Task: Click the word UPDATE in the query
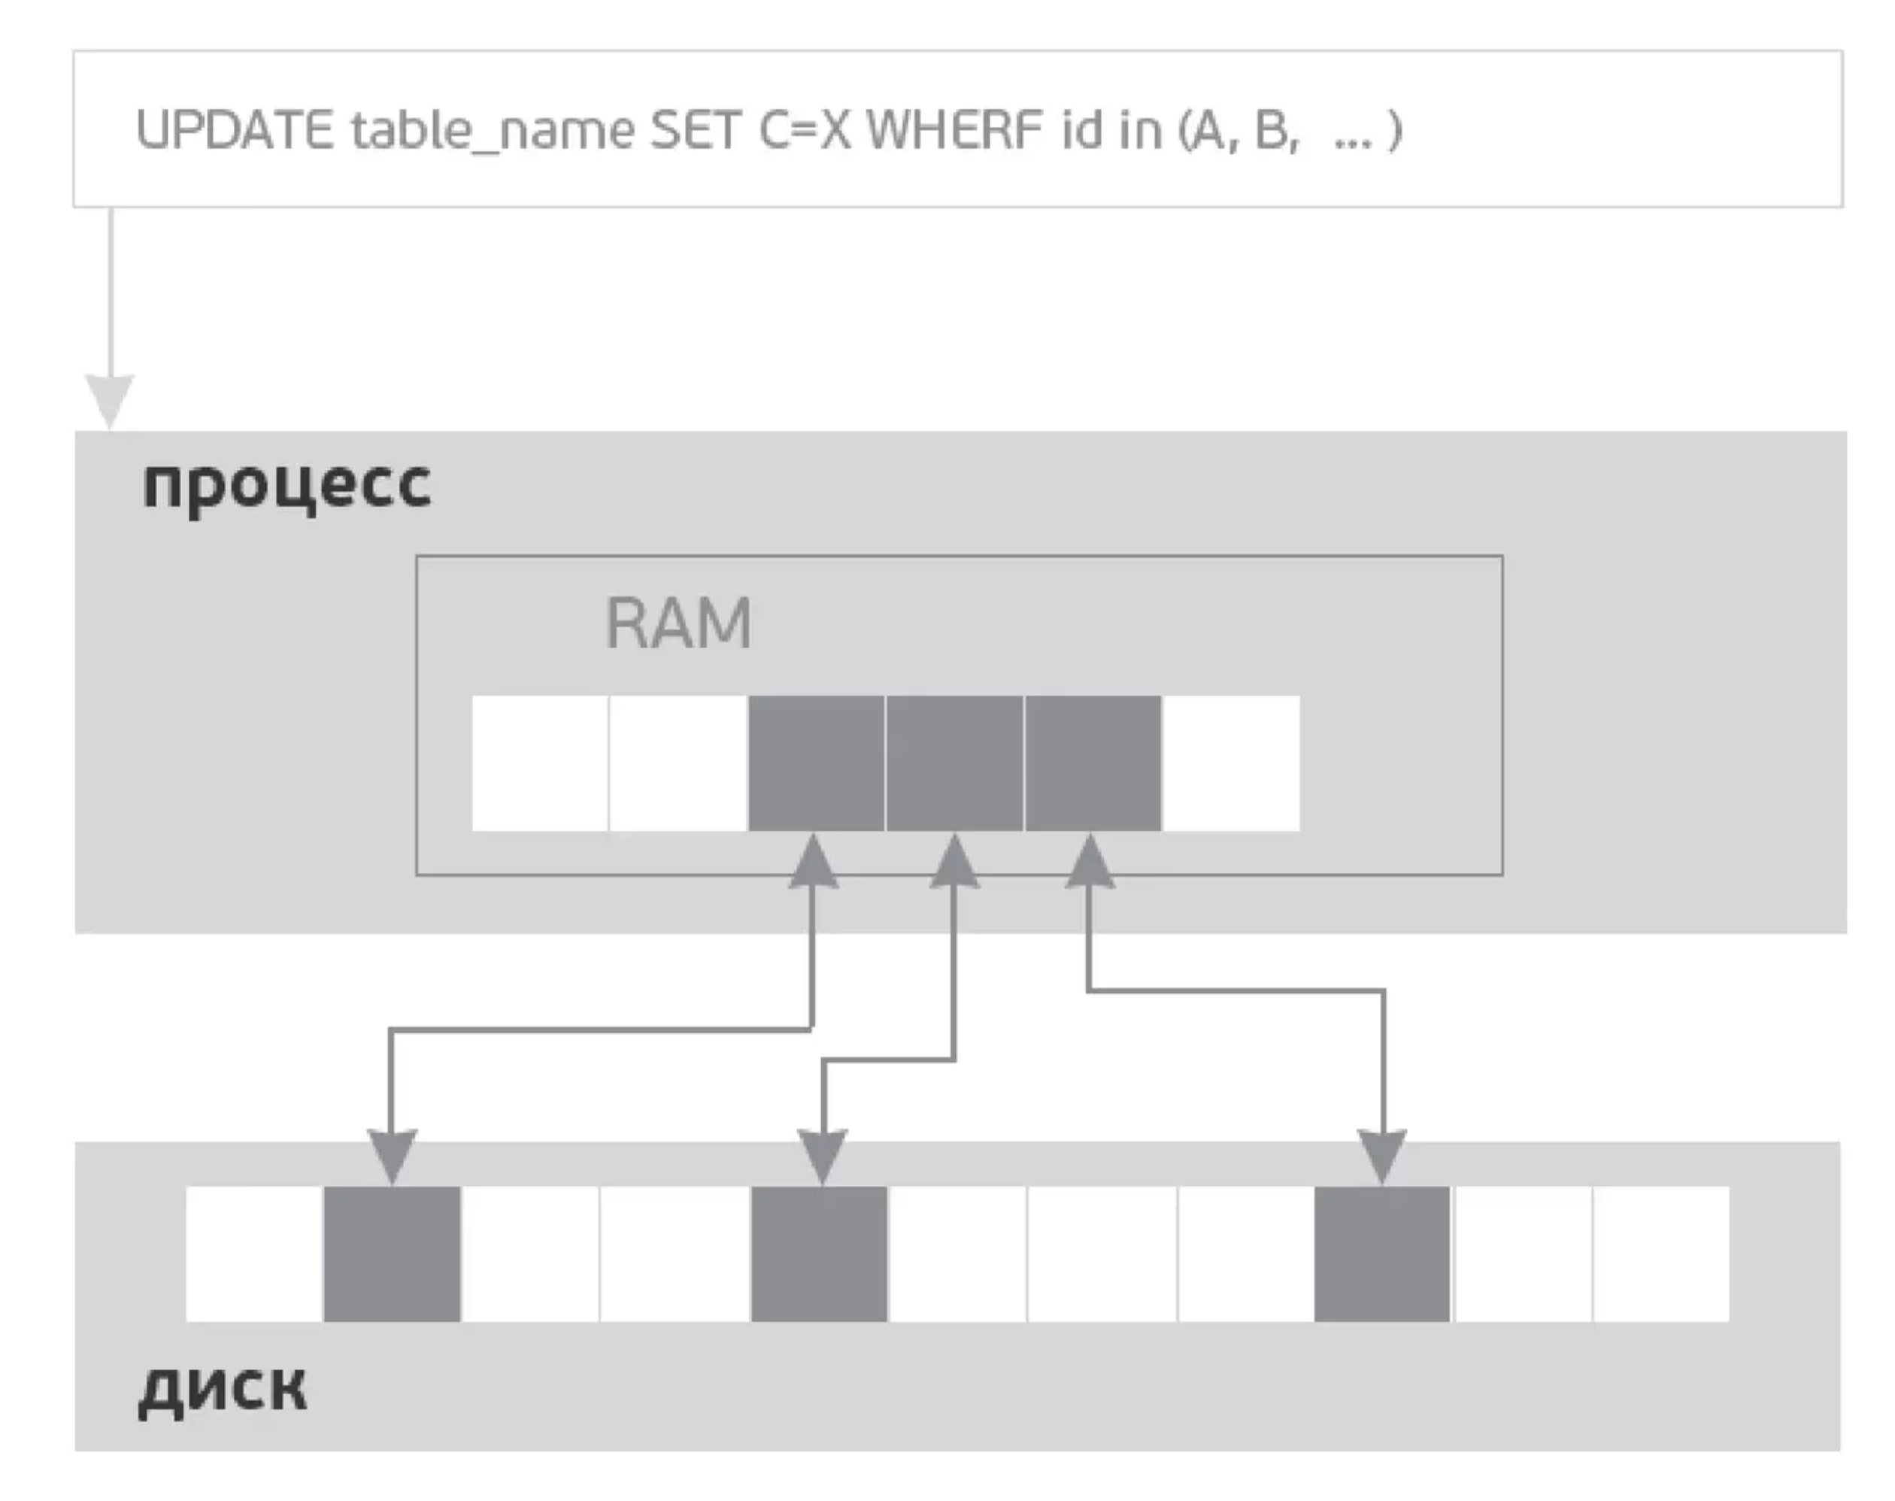coord(234,130)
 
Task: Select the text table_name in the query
coord(492,132)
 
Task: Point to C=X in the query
coord(805,130)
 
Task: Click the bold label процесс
coord(287,484)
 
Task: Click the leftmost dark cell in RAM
coord(816,763)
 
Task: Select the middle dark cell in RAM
coord(954,763)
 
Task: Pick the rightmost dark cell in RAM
coord(1092,763)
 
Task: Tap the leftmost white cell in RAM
coord(539,763)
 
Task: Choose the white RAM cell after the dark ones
coord(1230,763)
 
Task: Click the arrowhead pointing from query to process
coord(110,400)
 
